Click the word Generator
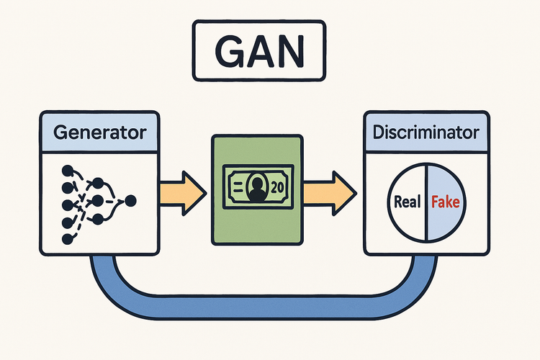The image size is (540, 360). click(x=100, y=132)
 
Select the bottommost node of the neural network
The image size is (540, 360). click(x=66, y=238)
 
